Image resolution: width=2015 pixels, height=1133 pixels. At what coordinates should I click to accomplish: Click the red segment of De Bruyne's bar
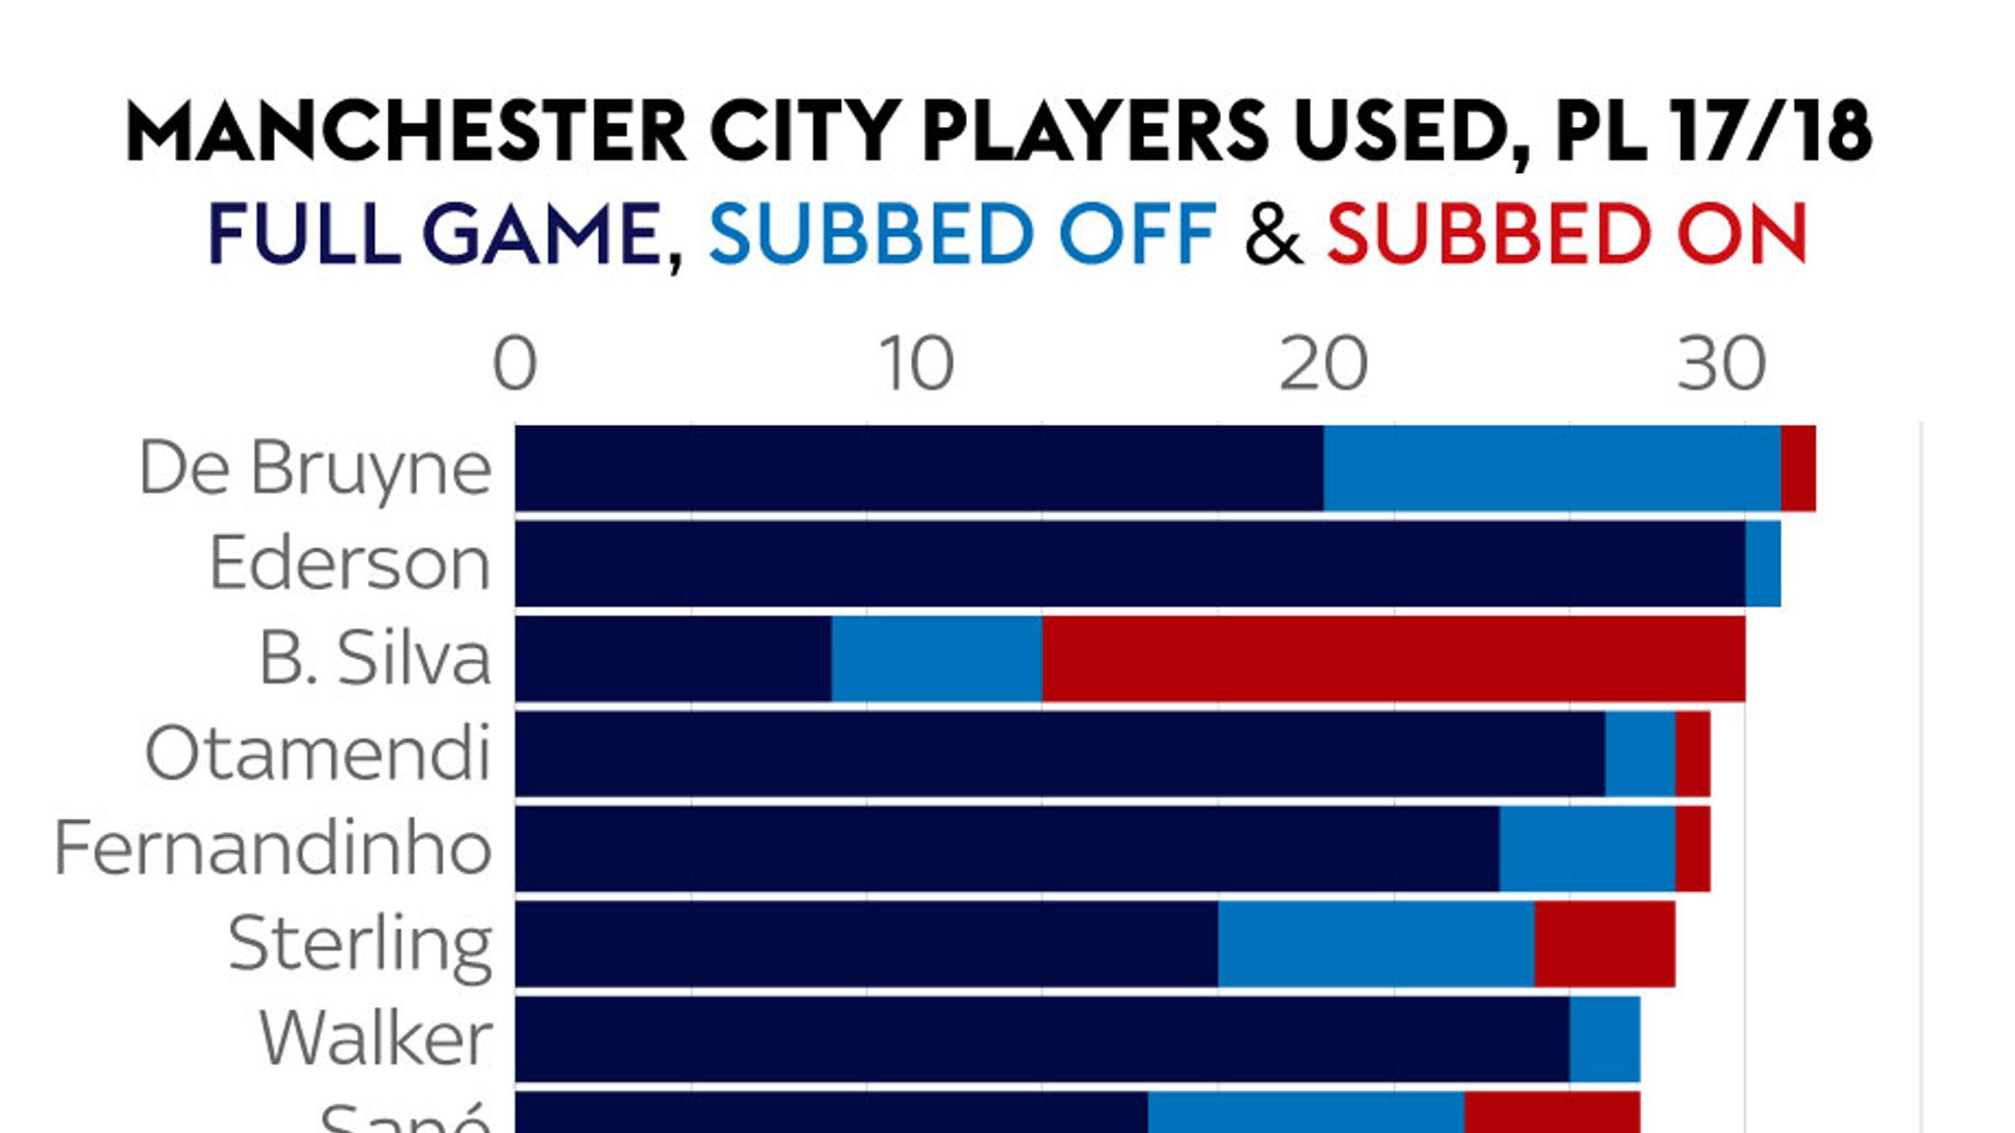pyautogui.click(x=1798, y=468)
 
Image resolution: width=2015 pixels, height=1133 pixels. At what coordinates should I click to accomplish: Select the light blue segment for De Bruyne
pyautogui.click(x=1552, y=468)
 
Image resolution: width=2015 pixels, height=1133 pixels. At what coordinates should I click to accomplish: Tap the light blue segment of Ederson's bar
pyautogui.click(x=1762, y=564)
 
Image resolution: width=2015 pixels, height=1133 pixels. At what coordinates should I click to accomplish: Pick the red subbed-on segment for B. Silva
pyautogui.click(x=1393, y=659)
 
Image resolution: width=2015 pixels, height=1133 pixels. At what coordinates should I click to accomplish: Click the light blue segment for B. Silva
pyautogui.click(x=936, y=659)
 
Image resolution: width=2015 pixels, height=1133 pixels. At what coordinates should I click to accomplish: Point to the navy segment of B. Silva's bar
pyautogui.click(x=673, y=659)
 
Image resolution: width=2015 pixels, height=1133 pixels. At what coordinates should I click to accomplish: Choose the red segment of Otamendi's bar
pyautogui.click(x=1692, y=754)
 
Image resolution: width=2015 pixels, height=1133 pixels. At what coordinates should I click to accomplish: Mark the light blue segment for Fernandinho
pyautogui.click(x=1587, y=849)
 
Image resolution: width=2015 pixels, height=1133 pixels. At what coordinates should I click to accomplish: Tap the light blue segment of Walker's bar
pyautogui.click(x=1604, y=1040)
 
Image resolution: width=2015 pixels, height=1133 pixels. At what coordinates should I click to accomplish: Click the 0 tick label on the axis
pyautogui.click(x=515, y=365)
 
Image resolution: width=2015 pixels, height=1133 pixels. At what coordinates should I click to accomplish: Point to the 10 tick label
pyautogui.click(x=916, y=365)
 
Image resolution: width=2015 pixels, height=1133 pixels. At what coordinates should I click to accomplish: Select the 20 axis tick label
pyautogui.click(x=1323, y=365)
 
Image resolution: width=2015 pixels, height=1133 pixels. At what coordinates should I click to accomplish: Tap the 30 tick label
pyautogui.click(x=1722, y=365)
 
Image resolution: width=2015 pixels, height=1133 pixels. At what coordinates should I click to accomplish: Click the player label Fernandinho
pyautogui.click(x=273, y=849)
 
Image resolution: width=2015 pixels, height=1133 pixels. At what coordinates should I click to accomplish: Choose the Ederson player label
pyautogui.click(x=349, y=564)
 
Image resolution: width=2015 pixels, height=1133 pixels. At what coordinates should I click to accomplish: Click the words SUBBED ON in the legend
pyautogui.click(x=1567, y=234)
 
